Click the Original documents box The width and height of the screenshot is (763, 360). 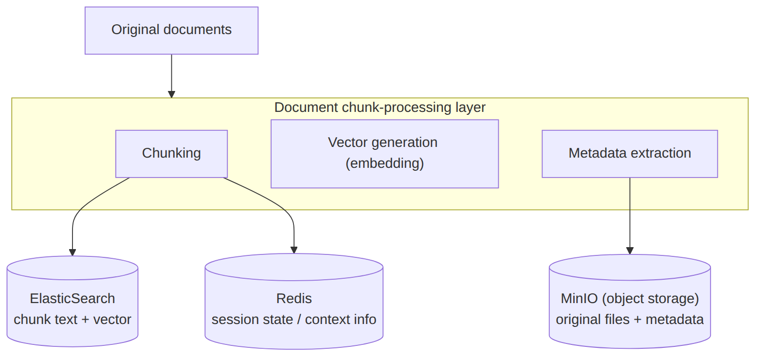171,30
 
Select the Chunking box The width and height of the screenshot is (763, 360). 171,154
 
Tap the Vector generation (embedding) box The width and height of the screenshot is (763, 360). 384,154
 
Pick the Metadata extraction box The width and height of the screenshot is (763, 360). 630,154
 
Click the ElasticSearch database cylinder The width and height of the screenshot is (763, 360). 72,302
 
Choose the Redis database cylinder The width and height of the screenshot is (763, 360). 294,302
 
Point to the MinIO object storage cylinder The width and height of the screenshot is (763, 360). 630,302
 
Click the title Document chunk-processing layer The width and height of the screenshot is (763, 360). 380,108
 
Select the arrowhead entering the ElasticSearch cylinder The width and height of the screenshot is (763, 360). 72,252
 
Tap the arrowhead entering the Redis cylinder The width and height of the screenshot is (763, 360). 294,250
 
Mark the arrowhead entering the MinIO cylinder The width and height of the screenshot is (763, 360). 630,251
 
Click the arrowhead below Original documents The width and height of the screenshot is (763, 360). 172,94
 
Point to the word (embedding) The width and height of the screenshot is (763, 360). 384,163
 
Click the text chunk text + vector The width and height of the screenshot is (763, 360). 72,320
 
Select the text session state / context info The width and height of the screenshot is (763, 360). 294,320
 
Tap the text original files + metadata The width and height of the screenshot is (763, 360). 630,320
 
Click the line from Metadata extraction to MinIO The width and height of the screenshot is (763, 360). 630,214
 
